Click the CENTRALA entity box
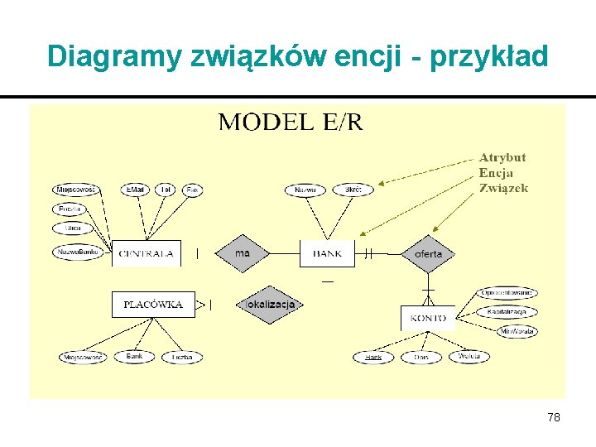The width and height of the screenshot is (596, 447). pos(147,253)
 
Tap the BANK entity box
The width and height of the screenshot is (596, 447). pos(327,253)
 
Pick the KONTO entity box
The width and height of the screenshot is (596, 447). pos(427,317)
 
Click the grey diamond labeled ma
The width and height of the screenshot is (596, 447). pos(242,253)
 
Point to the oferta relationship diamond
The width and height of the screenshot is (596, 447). pos(428,253)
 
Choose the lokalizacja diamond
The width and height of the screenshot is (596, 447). pos(270,305)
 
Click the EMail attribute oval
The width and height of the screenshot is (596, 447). pos(135,190)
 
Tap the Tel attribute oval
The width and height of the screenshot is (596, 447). pos(166,190)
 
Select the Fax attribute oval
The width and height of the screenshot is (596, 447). pos(192,190)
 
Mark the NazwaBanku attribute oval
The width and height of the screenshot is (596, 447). pos(79,252)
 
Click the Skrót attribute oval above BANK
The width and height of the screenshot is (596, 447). pos(353,190)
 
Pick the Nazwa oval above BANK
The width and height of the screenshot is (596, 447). pos(305,190)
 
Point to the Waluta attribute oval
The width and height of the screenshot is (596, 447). pos(469,357)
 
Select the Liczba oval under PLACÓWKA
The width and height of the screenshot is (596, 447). pos(182,357)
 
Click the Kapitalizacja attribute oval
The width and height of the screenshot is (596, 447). pos(507,312)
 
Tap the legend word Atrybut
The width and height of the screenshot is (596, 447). pos(502,157)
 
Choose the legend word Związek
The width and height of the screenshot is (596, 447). pos(503,188)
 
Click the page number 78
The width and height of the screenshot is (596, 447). pos(554,417)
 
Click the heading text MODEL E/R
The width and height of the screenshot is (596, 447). pos(290,123)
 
